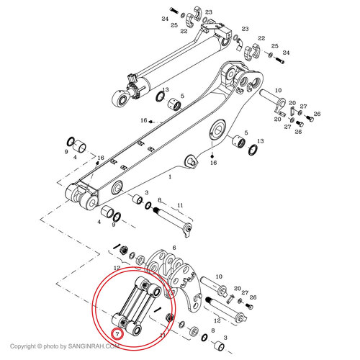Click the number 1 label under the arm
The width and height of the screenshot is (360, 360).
169,176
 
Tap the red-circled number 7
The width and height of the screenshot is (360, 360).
116,334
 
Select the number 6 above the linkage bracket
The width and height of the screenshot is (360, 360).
173,246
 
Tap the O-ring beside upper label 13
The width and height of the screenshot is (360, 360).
158,99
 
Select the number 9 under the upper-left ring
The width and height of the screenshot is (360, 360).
66,152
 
